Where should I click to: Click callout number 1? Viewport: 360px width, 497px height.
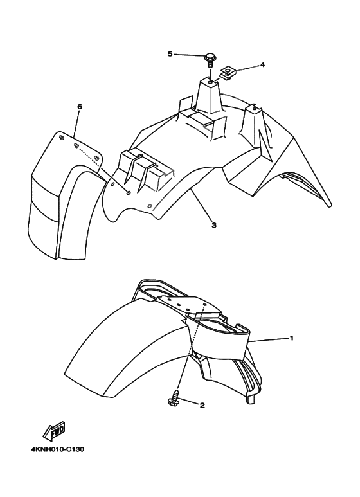291,338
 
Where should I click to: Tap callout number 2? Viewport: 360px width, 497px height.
202,406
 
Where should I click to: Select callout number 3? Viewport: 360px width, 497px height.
213,225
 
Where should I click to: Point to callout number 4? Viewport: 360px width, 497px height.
262,65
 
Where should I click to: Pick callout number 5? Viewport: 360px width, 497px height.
170,54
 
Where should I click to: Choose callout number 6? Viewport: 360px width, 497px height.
79,107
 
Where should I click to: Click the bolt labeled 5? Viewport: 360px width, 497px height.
210,60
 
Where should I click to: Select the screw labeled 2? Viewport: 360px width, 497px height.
174,400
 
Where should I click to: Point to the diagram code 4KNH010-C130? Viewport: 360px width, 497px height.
57,449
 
